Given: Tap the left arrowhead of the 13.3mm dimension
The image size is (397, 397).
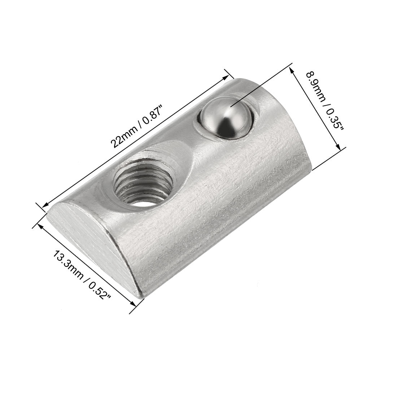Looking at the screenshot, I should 40,225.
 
